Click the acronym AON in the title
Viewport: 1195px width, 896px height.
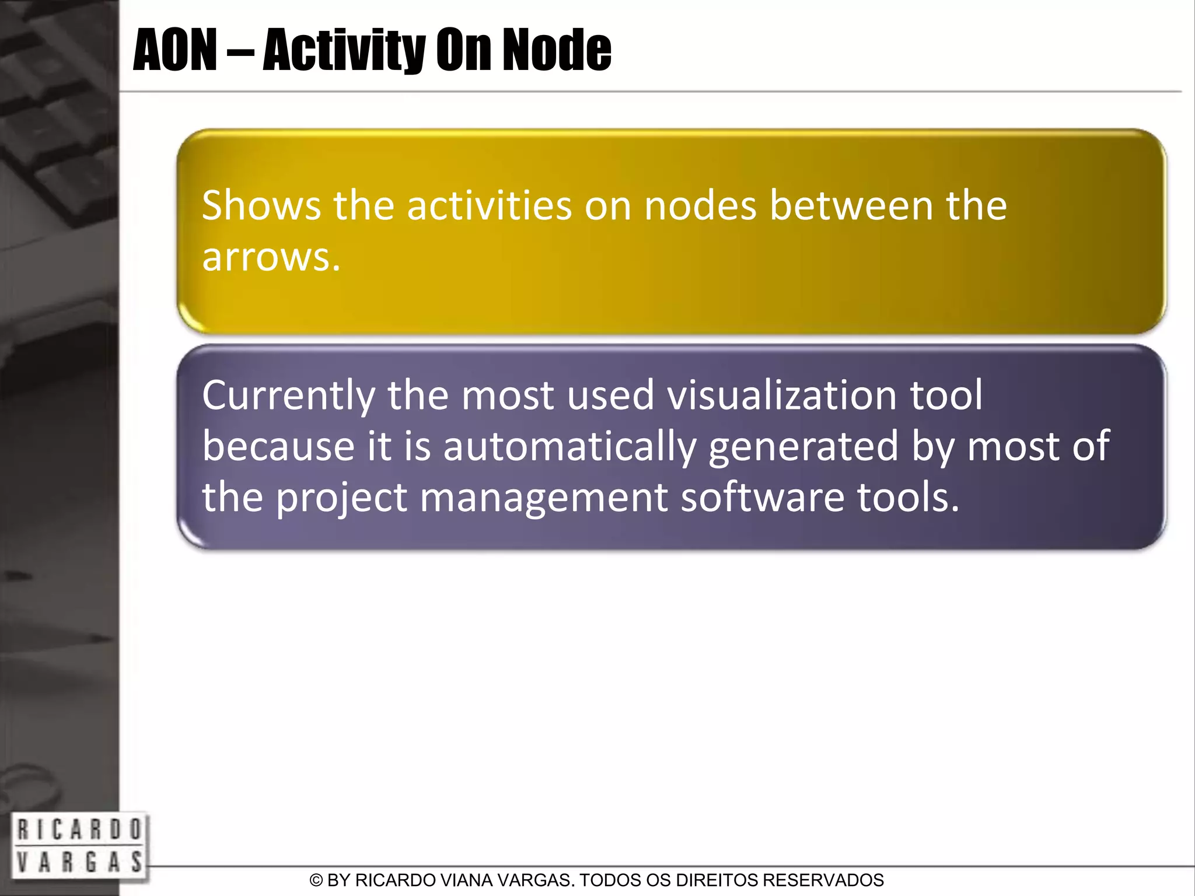pos(175,51)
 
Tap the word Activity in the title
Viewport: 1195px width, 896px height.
pos(344,51)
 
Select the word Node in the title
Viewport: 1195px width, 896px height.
pos(557,51)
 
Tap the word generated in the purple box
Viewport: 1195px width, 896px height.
pos(803,446)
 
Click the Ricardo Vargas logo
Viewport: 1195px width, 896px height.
pos(79,846)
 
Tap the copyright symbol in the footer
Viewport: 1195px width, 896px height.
pos(316,880)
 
